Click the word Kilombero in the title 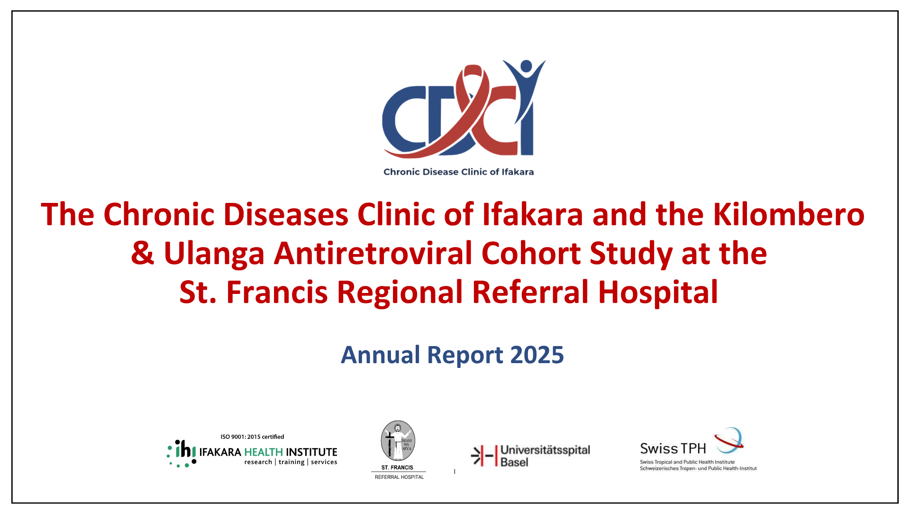789,214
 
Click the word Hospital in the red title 658,292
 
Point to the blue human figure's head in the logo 526,66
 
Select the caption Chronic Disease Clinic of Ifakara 458,172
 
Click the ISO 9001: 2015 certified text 252,437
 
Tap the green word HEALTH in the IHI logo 264,452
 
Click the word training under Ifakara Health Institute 291,462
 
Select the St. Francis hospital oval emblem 398,441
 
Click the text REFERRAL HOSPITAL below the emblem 399,477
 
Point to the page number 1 455,471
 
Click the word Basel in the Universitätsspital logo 514,462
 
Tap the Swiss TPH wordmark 673,448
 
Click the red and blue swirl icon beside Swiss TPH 729,439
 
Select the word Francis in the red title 277,292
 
